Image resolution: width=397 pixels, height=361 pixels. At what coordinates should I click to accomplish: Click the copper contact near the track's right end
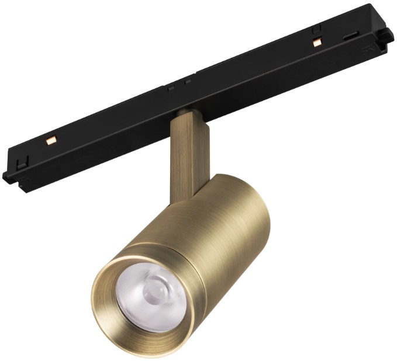click(x=317, y=42)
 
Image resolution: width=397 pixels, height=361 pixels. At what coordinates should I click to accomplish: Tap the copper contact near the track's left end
click(x=50, y=140)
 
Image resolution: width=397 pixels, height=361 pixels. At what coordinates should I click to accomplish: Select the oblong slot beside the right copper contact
click(x=350, y=36)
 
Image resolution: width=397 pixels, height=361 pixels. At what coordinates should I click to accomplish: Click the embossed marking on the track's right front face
click(x=367, y=51)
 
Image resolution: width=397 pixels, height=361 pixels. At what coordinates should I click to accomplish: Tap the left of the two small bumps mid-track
click(x=170, y=88)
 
